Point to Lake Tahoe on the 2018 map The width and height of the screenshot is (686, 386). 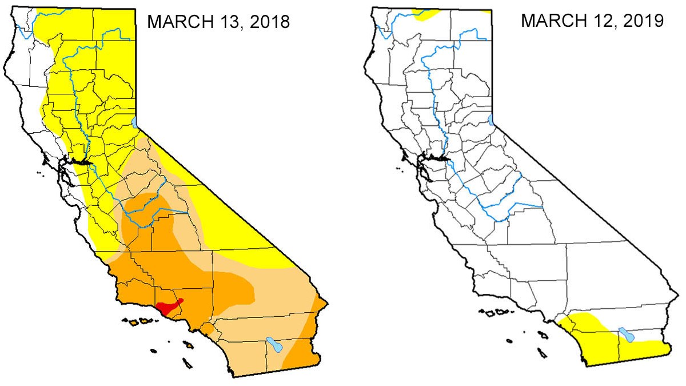(134, 122)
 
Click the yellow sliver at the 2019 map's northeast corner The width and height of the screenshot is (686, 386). (487, 10)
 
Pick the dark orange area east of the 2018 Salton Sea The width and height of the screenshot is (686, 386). (300, 355)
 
